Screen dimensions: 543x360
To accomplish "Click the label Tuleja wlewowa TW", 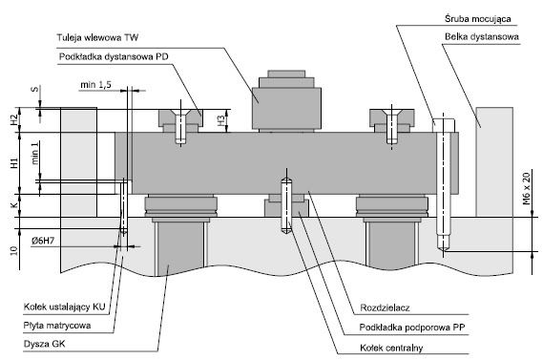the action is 97,37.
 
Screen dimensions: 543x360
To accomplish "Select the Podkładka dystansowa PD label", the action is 114,56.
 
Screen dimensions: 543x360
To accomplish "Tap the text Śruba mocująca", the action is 478,19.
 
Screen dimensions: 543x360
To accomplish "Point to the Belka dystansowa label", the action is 482,36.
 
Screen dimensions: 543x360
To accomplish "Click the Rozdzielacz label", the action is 385,307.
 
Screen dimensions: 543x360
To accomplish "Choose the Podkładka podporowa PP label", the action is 412,328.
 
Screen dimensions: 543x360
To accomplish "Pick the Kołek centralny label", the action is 391,348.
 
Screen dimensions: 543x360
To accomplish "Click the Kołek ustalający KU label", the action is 64,307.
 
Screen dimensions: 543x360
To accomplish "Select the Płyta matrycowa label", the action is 57,326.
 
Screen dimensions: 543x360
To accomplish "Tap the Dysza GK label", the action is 44,344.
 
